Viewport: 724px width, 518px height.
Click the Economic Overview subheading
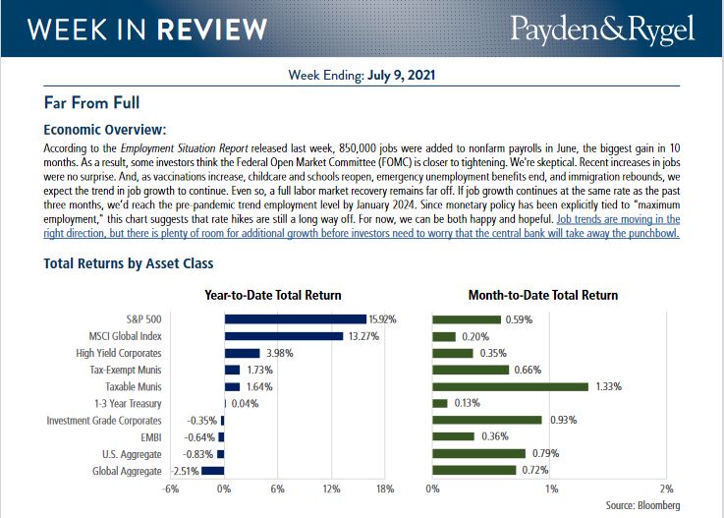click(x=105, y=129)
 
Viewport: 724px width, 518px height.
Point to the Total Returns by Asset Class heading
click(x=129, y=263)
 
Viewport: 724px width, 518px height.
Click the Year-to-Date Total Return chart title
click(x=272, y=295)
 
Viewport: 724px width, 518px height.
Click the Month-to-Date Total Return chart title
click(x=542, y=295)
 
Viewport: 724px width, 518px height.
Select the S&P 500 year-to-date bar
click(x=295, y=319)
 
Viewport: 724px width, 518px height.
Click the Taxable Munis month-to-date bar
click(x=510, y=386)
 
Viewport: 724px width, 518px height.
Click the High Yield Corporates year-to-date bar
click(x=242, y=353)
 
